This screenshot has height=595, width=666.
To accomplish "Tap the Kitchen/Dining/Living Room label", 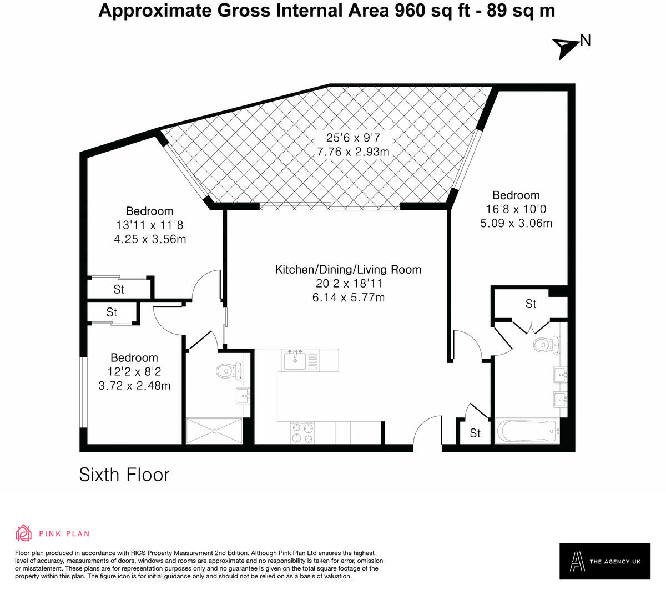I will (x=348, y=270).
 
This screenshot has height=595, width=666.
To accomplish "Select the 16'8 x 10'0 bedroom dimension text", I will (x=516, y=210).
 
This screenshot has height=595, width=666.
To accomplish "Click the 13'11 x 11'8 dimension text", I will (x=149, y=225).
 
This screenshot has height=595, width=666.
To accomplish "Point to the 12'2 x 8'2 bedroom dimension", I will (x=134, y=372).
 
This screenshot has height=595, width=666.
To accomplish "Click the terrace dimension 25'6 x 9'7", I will (x=353, y=138).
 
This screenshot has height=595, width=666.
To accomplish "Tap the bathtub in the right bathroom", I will (x=527, y=431).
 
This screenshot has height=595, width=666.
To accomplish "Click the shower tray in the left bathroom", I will (x=214, y=431).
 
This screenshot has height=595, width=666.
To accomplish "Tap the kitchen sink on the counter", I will (x=294, y=361).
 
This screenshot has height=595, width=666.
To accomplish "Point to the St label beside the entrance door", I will (x=475, y=433).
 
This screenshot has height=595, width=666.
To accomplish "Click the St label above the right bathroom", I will (x=531, y=304).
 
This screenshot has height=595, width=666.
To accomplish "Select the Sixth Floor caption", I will (x=124, y=475).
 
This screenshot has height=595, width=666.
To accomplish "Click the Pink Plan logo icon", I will (x=24, y=533).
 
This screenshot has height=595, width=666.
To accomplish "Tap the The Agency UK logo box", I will (x=604, y=561).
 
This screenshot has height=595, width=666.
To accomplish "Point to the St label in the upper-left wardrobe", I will (x=119, y=289).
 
